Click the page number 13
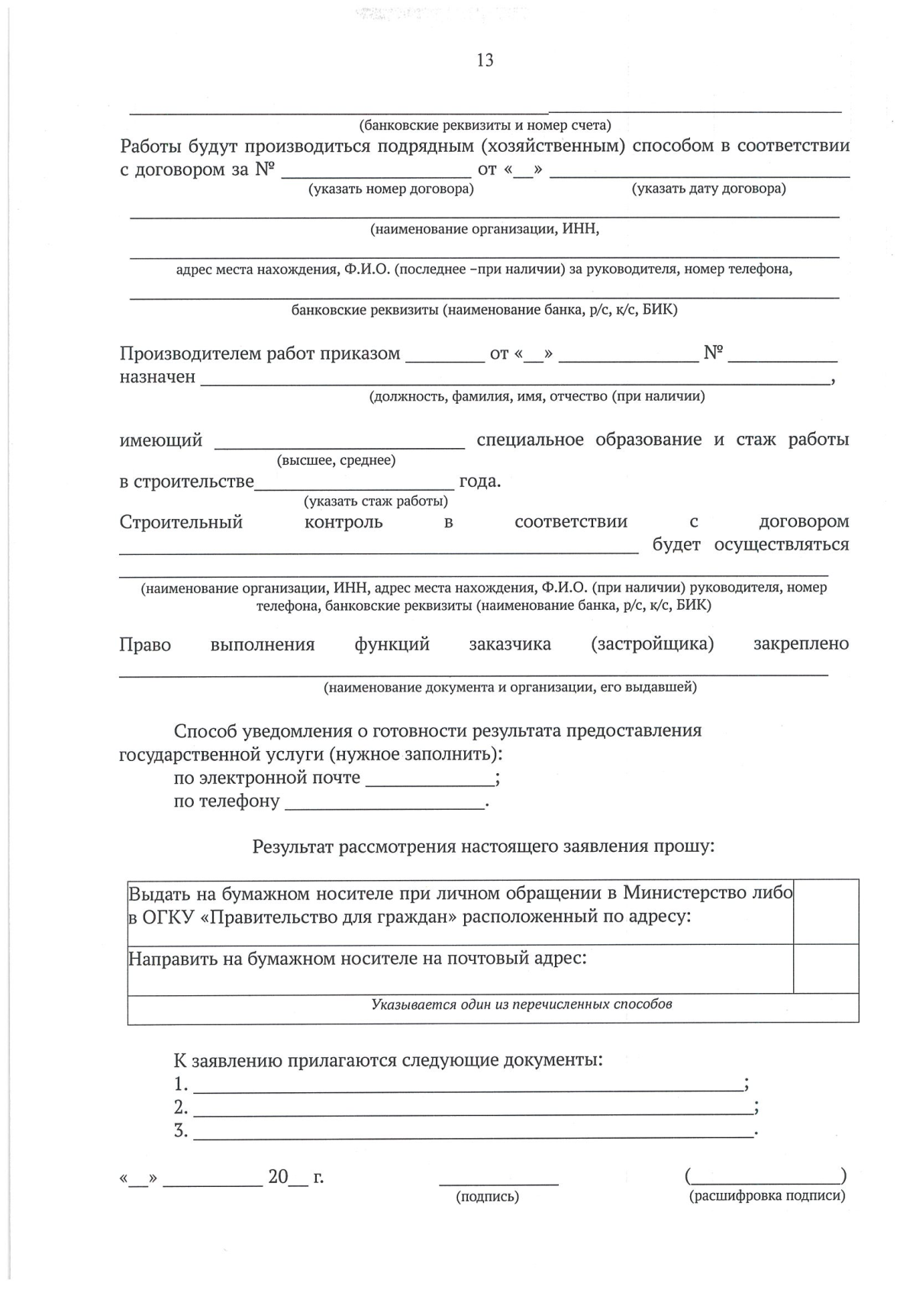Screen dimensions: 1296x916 pyautogui.click(x=485, y=61)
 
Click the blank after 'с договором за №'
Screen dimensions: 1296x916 pyautogui.click(x=376, y=171)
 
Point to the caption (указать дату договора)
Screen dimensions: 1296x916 pyautogui.click(x=708, y=189)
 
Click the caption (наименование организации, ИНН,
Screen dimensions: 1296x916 pyautogui.click(x=485, y=229)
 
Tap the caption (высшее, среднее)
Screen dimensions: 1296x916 pyautogui.click(x=337, y=460)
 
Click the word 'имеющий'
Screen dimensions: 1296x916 pyautogui.click(x=161, y=440)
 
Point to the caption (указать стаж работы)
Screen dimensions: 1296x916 pyautogui.click(x=376, y=501)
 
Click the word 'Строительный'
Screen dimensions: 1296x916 pyautogui.click(x=181, y=522)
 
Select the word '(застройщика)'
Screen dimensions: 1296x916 pyautogui.click(x=652, y=644)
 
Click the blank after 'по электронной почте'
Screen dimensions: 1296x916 pyautogui.click(x=430, y=780)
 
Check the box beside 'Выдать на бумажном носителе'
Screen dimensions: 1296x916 pyautogui.click(x=826, y=911)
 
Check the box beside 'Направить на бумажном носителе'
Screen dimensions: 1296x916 pyautogui.click(x=826, y=969)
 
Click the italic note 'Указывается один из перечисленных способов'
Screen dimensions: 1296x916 pyautogui.click(x=521, y=1004)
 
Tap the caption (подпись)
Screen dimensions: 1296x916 pyautogui.click(x=487, y=1197)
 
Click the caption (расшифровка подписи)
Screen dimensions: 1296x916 pyautogui.click(x=767, y=1196)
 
